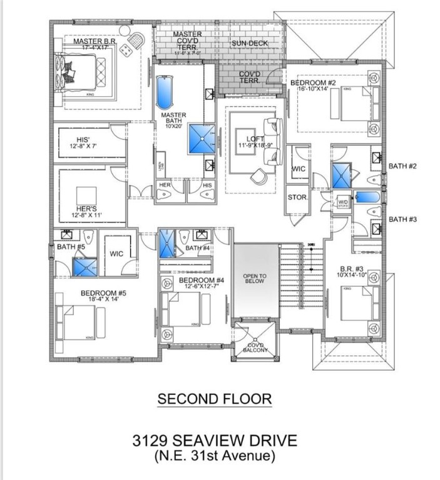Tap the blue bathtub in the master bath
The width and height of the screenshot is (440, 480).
tap(164, 94)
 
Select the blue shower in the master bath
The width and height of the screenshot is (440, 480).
tap(202, 138)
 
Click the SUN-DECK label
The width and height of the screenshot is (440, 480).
tap(249, 43)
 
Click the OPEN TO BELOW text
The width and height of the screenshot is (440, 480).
tap(255, 278)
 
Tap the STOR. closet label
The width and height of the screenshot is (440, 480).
tap(297, 197)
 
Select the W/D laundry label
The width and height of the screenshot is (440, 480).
tap(343, 202)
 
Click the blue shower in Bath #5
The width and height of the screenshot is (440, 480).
tap(84, 267)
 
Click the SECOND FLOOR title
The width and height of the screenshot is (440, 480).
tap(214, 399)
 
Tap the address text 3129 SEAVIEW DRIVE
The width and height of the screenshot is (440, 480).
tap(214, 441)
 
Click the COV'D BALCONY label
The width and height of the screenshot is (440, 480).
tap(255, 347)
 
